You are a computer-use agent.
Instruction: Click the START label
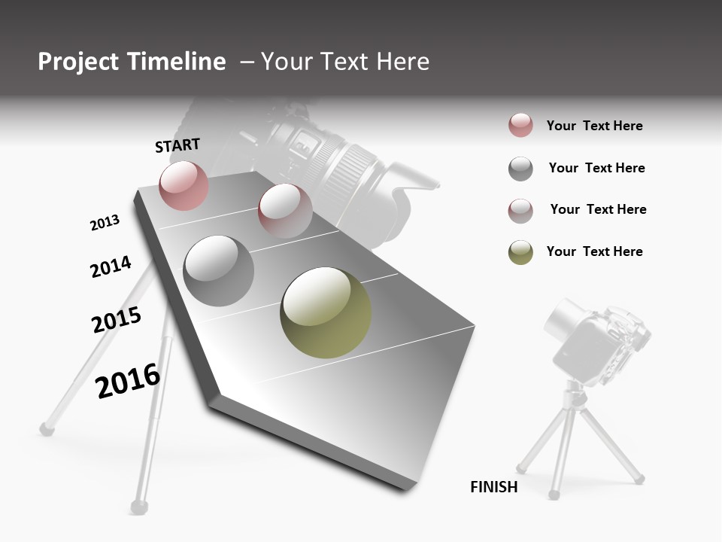[177, 145]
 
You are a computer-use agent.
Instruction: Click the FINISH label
[493, 487]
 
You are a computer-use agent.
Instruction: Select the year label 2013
[105, 223]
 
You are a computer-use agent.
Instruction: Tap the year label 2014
[111, 266]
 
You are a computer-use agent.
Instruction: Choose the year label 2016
[128, 381]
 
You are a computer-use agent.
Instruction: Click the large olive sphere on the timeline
[326, 312]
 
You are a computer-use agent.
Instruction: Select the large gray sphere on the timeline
[218, 271]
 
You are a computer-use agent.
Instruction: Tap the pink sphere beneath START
[184, 185]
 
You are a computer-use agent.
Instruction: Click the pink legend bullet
[520, 126]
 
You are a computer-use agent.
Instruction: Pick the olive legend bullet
[520, 252]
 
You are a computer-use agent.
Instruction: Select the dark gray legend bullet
[520, 169]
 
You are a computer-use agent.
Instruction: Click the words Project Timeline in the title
[132, 62]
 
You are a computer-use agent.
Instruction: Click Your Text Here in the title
[344, 62]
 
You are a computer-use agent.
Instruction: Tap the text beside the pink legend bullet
[594, 126]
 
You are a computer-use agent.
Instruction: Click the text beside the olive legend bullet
[594, 251]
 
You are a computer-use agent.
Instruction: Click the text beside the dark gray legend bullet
[596, 168]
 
